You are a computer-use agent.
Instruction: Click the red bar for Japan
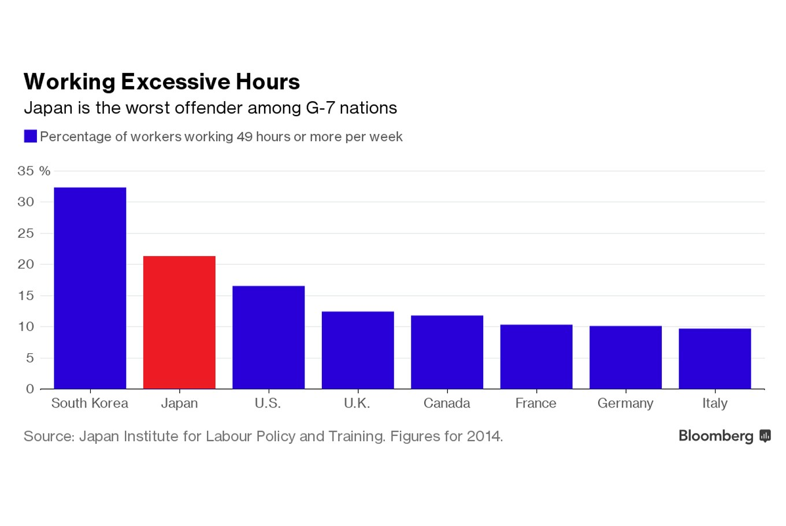(179, 322)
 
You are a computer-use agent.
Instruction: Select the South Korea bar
(90, 288)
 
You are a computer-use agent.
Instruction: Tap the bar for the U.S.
(268, 337)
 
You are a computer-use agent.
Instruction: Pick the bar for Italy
(714, 358)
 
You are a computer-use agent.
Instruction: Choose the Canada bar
(447, 352)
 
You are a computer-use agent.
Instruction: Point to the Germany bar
(625, 357)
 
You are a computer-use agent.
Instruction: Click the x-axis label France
(536, 403)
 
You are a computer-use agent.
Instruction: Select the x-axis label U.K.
(357, 403)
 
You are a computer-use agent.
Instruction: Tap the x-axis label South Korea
(90, 403)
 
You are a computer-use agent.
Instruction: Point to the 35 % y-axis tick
(34, 171)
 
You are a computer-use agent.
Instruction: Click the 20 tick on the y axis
(26, 265)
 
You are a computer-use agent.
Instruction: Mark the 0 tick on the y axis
(30, 389)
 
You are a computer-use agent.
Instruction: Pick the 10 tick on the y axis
(26, 327)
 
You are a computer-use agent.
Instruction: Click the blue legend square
(30, 136)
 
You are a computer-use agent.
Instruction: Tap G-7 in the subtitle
(320, 108)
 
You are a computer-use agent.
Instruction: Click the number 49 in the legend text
(243, 137)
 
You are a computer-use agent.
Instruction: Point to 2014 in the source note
(484, 436)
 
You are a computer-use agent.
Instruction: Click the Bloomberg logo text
(715, 436)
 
